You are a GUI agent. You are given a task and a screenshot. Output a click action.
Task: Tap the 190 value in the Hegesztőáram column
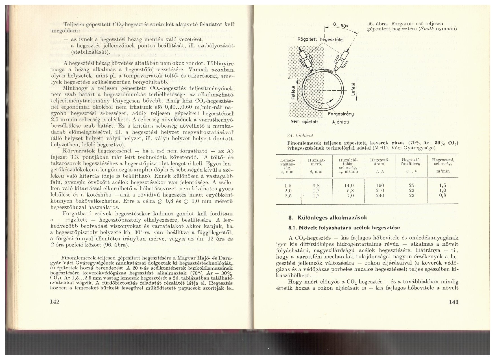pos(380,186)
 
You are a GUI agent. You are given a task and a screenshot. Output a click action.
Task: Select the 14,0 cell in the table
pos(349,186)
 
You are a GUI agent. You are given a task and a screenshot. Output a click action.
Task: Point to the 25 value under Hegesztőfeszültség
pos(411,186)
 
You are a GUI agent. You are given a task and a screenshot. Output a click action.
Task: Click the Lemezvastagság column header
pos(287,166)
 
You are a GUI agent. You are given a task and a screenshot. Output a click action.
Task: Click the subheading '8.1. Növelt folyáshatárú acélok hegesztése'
pos(344,228)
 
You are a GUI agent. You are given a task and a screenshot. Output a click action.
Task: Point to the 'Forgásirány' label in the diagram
pos(341,114)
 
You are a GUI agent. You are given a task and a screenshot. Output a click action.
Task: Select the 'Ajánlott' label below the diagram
pos(341,122)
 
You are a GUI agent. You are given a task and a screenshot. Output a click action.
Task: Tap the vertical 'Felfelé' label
pos(293,93)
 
